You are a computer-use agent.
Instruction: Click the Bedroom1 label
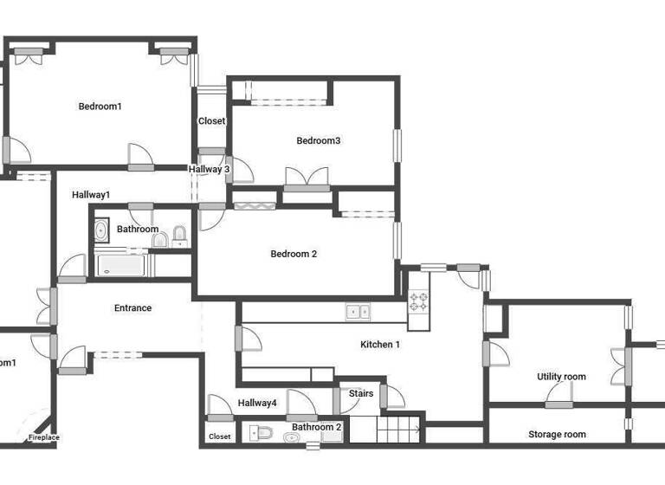[100, 107]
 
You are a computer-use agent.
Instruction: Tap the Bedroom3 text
[318, 140]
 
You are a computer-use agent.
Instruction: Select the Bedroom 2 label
[294, 254]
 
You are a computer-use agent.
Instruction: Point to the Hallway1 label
[91, 195]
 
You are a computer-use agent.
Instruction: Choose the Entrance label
[132, 307]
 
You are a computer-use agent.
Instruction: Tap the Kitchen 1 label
[380, 345]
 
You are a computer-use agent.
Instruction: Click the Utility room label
[561, 377]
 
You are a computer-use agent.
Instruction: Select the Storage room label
[557, 434]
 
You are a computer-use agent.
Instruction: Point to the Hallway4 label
[257, 403]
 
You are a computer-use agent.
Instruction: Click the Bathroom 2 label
[316, 427]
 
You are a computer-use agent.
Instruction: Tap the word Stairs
[361, 393]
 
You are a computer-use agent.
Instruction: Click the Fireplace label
[44, 437]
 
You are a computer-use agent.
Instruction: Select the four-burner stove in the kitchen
[418, 302]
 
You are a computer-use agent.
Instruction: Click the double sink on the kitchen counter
[358, 311]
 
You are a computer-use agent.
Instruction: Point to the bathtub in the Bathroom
[122, 264]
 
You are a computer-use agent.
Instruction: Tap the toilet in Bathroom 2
[262, 432]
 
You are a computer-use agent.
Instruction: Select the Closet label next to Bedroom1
[211, 121]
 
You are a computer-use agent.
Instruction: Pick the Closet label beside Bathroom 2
[220, 436]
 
